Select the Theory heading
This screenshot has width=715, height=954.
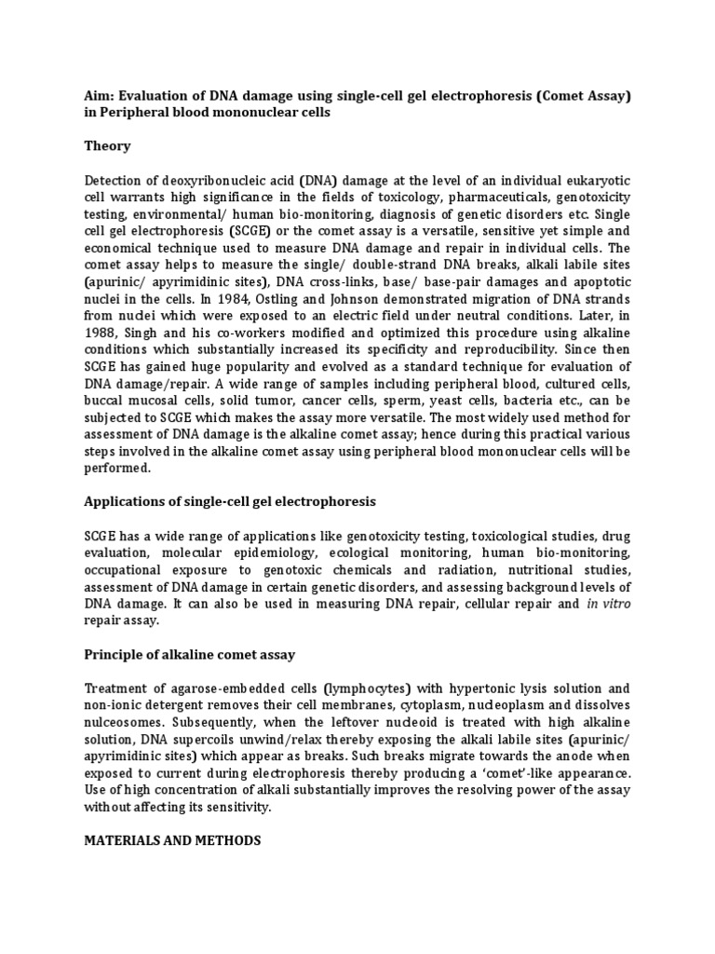(107, 146)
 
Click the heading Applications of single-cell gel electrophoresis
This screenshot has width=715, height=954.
(230, 501)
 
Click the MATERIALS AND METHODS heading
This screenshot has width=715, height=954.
(172, 840)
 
